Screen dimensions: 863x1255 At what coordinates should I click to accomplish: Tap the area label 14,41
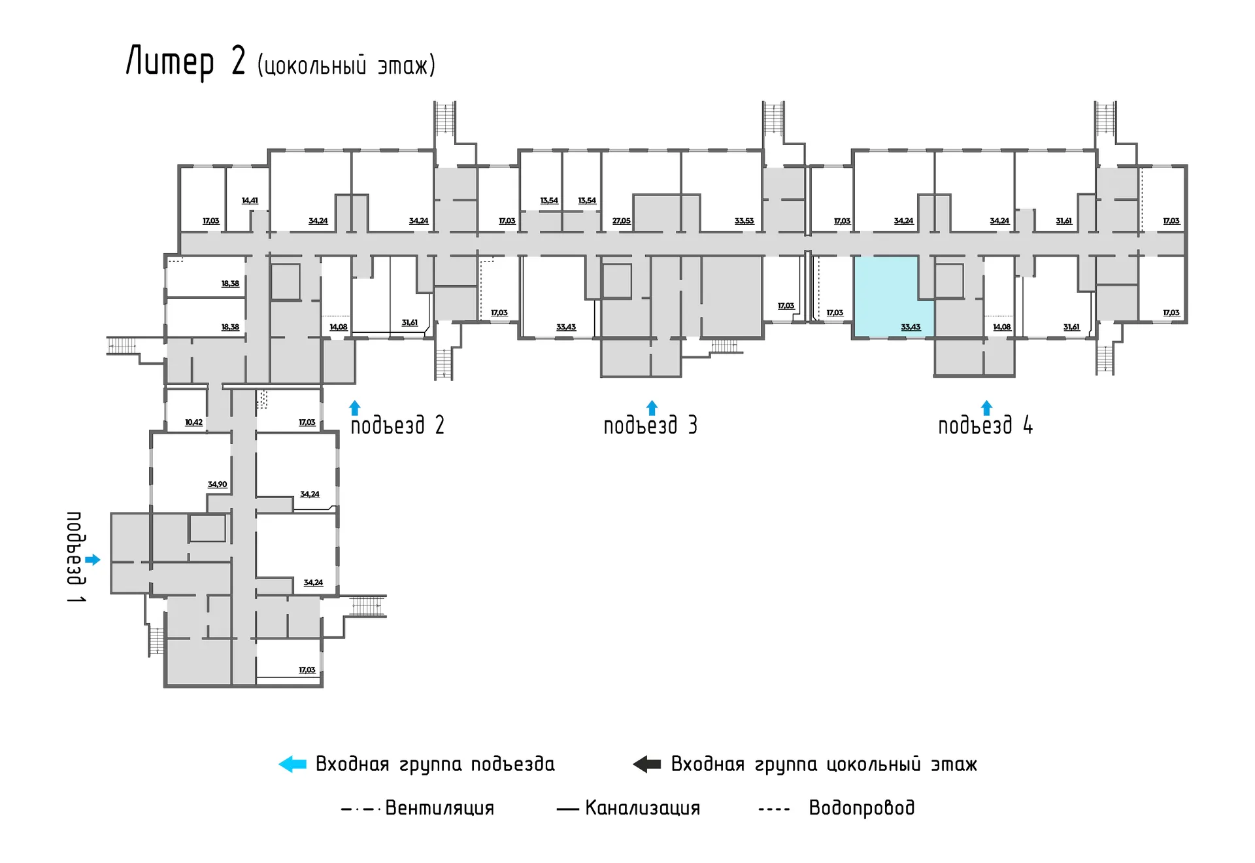[250, 201]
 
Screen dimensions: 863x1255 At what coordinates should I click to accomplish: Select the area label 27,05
[622, 221]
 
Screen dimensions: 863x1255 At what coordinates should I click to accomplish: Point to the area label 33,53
[744, 221]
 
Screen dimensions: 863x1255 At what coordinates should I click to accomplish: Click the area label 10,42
[193, 422]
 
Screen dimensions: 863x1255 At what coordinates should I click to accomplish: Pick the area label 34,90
[217, 484]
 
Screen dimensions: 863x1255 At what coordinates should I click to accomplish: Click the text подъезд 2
[397, 426]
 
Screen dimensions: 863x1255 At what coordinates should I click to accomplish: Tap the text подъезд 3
[650, 426]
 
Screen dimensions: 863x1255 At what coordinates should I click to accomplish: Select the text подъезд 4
[985, 426]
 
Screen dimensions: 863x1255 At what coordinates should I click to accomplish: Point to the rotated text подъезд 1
[76, 557]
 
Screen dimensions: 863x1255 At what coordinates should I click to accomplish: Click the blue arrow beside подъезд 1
[93, 560]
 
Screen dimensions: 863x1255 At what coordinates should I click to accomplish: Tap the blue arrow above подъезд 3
[652, 408]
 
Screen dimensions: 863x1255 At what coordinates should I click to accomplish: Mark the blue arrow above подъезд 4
[987, 408]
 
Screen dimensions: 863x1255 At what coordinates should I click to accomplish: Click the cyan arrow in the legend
[292, 764]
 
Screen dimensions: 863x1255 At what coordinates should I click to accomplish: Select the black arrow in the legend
[647, 764]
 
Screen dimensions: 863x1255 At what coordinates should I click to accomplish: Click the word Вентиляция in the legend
[439, 808]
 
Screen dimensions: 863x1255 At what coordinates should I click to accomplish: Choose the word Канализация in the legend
[643, 808]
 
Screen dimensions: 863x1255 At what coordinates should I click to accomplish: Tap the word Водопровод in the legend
[862, 808]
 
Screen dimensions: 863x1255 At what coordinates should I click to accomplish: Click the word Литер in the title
[170, 62]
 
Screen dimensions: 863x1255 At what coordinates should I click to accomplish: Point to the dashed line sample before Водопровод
[774, 810]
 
